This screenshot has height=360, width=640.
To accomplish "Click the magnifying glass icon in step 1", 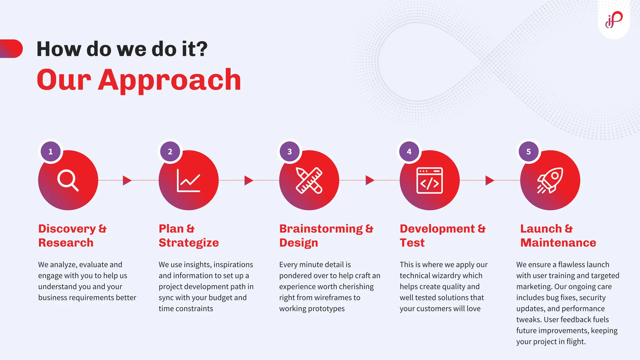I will [x=68, y=180].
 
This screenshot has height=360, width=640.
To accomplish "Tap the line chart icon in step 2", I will [x=188, y=180].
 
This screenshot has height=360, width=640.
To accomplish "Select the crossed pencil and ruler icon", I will [x=309, y=180].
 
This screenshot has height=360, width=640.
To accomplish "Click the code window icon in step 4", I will [x=430, y=180].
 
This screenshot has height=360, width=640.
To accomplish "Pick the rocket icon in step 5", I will [x=550, y=180].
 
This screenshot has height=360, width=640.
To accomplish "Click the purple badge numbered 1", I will [x=51, y=152].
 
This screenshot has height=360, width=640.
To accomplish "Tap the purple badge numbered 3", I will [x=290, y=152].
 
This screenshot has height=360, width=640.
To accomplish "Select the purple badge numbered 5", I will [x=528, y=152].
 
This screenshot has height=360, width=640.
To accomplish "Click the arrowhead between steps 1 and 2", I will [x=127, y=180].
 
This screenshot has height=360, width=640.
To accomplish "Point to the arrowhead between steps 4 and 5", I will [x=489, y=180].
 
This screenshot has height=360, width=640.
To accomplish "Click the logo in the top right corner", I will [x=614, y=20].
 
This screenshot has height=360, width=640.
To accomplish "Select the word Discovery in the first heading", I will [x=67, y=229].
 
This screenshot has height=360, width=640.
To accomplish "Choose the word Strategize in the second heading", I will [x=189, y=243].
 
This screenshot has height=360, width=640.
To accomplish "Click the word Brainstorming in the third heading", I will [x=321, y=229].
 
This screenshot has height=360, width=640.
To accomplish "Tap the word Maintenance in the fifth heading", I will [x=558, y=243].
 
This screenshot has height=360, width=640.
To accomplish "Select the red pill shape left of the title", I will [x=12, y=49].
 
